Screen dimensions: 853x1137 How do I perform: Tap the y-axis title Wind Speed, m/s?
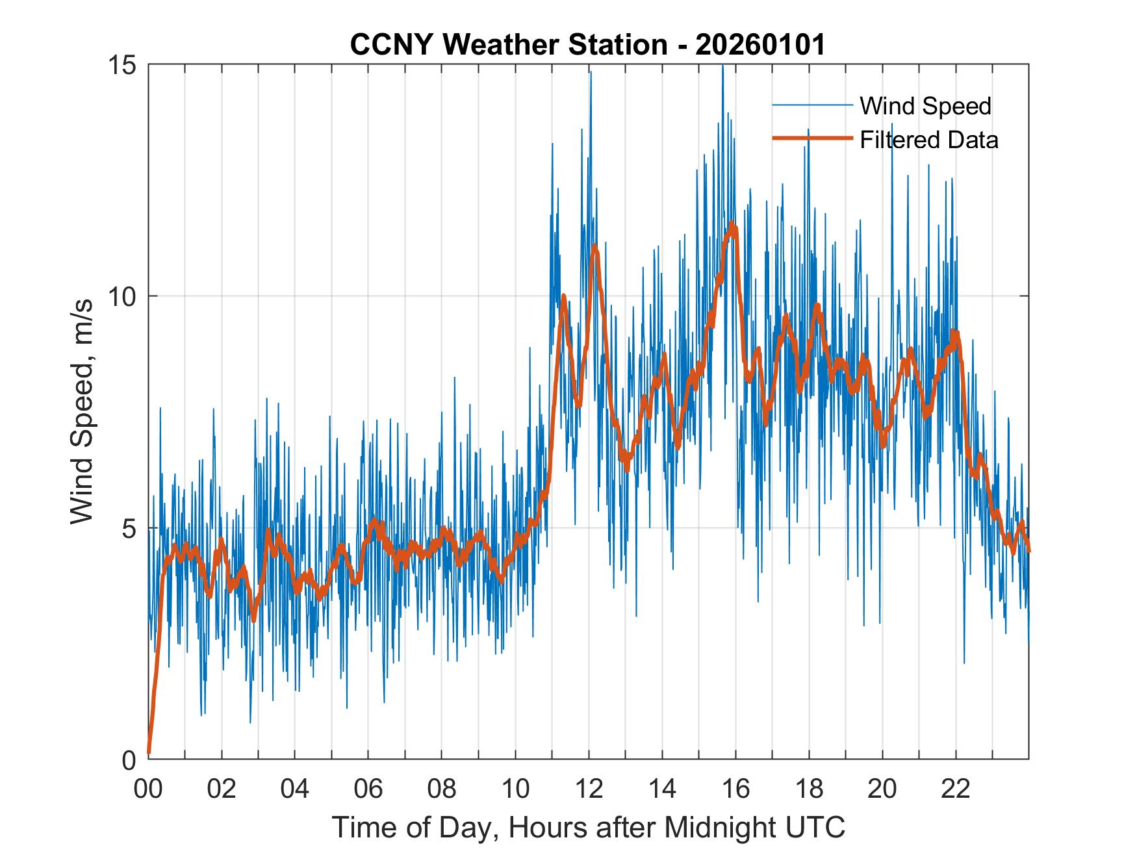tap(82, 411)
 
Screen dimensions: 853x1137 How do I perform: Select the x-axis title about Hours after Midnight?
tap(589, 827)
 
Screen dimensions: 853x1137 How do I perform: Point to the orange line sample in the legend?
tap(812, 138)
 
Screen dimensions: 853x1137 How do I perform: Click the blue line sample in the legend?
tap(812, 105)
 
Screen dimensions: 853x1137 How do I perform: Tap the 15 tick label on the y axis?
tap(123, 65)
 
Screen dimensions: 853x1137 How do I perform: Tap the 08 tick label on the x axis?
tap(442, 789)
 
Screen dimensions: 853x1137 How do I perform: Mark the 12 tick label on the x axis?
tap(589, 789)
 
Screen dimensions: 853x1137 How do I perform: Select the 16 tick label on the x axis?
tap(735, 789)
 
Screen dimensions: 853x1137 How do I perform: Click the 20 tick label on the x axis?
tap(882, 789)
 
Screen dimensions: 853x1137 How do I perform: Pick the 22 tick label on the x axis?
tap(956, 789)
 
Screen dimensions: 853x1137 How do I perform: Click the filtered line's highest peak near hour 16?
tap(733, 225)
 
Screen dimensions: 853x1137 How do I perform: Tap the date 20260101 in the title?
tap(760, 45)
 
